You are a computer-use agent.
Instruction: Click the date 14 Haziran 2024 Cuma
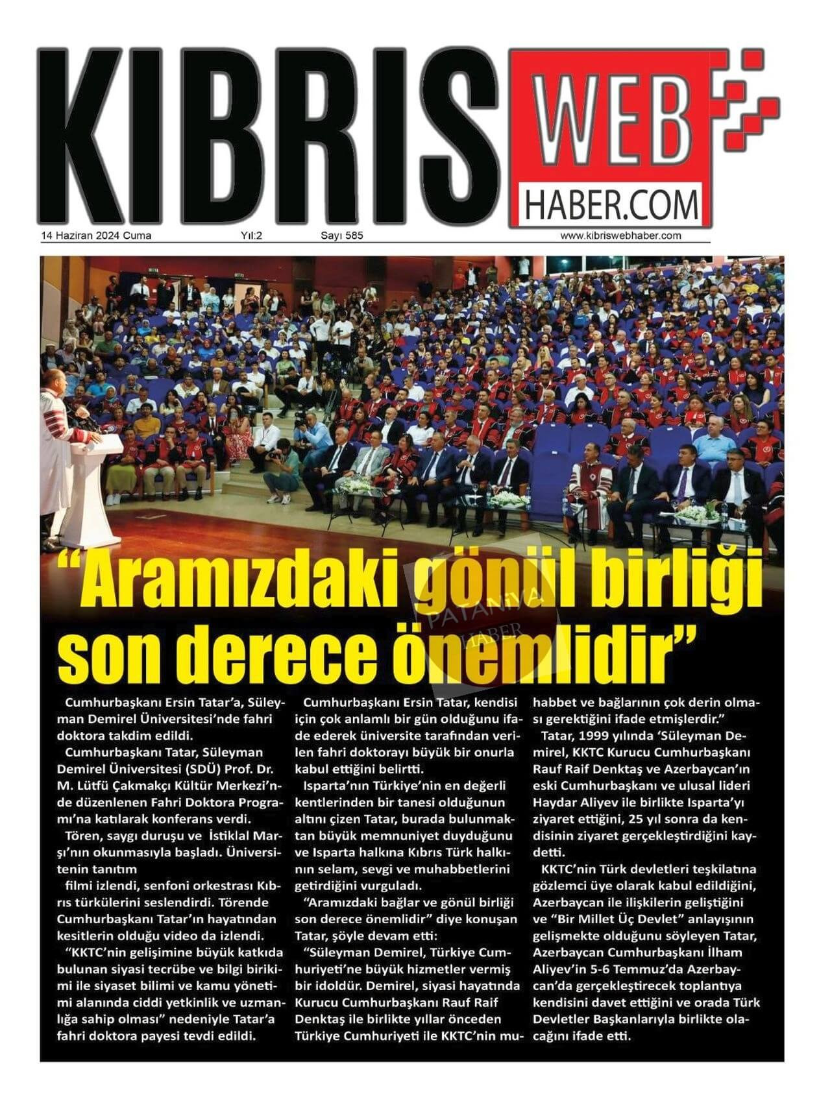(96, 236)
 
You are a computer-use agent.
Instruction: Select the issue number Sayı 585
(341, 236)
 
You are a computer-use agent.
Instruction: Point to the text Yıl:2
(251, 236)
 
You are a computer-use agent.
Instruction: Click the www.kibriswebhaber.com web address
(620, 236)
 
